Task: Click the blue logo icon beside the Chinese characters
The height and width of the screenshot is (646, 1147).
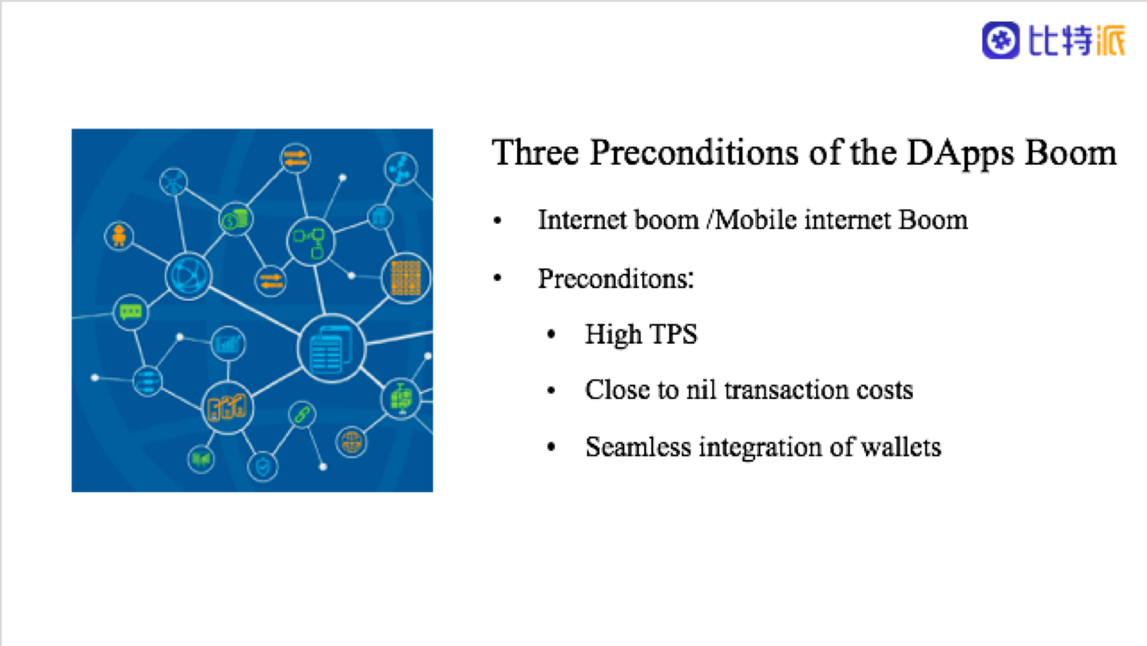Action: point(1000,40)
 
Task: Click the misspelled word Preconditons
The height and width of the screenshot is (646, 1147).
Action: point(616,280)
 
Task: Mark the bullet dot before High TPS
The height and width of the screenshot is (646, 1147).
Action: point(551,335)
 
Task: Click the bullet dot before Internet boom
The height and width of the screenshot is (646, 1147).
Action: point(498,221)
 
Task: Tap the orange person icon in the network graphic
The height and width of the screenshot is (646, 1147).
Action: point(119,235)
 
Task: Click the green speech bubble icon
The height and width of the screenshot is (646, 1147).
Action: point(130,312)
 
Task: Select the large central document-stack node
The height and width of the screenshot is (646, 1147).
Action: point(332,349)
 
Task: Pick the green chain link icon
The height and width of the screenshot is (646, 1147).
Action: point(301,414)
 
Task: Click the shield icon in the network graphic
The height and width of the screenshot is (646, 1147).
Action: point(263,466)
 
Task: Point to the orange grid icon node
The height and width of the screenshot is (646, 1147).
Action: point(406,278)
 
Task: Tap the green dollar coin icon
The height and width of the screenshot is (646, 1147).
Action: point(235,219)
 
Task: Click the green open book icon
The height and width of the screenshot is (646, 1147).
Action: point(201,459)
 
